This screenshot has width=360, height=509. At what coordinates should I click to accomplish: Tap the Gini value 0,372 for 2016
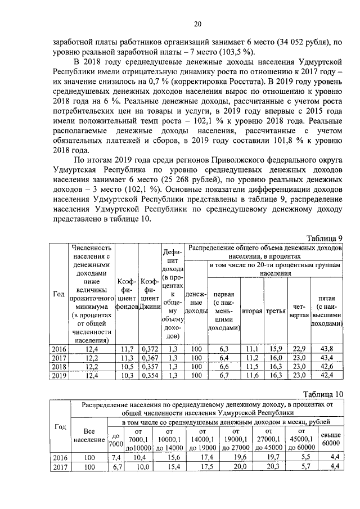click(x=150, y=349)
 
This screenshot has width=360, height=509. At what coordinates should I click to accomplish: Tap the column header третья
click(x=276, y=311)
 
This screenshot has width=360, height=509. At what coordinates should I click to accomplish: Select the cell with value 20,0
click(x=240, y=467)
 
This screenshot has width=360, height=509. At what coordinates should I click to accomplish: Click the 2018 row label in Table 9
click(x=58, y=366)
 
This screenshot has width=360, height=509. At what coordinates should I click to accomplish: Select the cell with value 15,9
click(x=276, y=349)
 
